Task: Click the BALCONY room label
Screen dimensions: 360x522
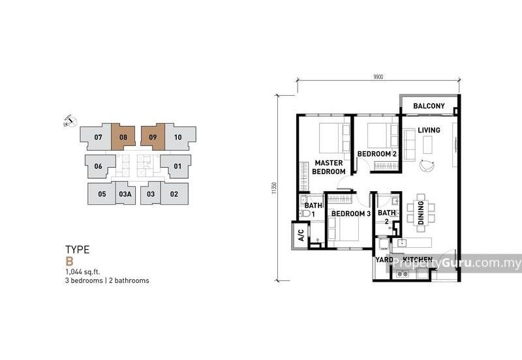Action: coord(429,106)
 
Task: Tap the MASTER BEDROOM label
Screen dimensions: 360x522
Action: coord(330,167)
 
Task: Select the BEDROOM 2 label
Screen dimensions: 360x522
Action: coord(377,154)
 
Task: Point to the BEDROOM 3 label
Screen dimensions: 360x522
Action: coord(350,213)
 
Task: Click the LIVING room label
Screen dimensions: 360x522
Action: coord(429,130)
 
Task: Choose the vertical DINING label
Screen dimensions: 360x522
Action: coord(422,213)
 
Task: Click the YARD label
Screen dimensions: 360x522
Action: coord(384,260)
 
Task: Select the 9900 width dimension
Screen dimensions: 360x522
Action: coord(378,77)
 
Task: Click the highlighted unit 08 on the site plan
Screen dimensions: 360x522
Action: coord(123,138)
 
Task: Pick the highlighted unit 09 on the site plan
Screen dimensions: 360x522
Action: coord(152,138)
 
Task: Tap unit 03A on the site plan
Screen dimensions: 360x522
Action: coord(125,194)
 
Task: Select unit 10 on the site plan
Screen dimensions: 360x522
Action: coord(178,138)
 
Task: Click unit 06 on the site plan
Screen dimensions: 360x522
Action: coord(99,166)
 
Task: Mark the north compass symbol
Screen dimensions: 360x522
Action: coord(69,121)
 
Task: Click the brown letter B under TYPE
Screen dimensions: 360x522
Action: coord(69,260)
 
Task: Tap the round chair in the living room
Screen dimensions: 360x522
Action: coord(427,166)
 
